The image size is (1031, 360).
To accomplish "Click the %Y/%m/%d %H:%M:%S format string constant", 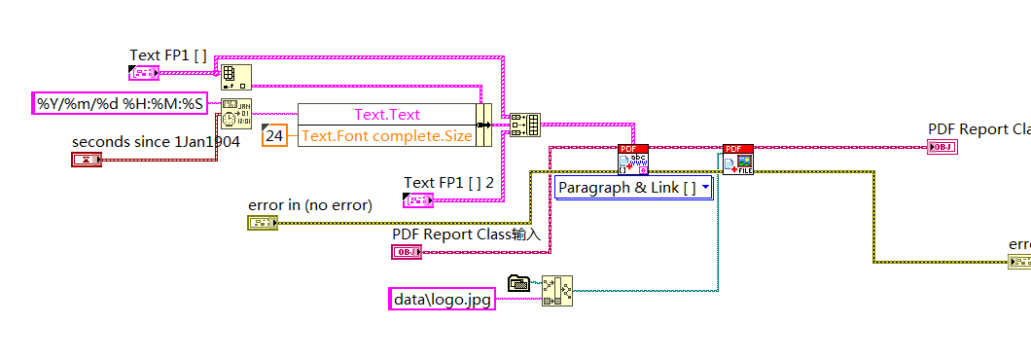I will (x=120, y=103).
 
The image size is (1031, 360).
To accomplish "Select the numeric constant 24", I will (x=275, y=136).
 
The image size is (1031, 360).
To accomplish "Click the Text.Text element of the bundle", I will (x=386, y=115).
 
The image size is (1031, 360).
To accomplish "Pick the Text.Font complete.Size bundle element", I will (x=386, y=136).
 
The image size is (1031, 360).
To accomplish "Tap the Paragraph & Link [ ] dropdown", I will (x=634, y=188).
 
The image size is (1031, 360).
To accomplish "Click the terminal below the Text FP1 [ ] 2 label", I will (x=418, y=200).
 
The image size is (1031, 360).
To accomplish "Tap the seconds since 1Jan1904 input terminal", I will (x=87, y=159).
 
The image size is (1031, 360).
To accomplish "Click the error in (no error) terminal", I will (x=263, y=223).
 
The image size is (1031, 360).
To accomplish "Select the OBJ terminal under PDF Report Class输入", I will (x=407, y=252).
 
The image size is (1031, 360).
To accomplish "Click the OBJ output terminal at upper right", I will (x=942, y=147).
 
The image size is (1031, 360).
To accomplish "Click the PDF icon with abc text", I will (x=632, y=159).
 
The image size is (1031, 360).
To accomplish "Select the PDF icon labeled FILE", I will (x=738, y=159).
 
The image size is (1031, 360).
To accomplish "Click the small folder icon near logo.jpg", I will (x=517, y=283).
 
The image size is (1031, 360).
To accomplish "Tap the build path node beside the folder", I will (x=557, y=291).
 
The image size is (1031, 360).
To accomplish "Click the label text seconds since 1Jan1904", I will (x=156, y=142).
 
